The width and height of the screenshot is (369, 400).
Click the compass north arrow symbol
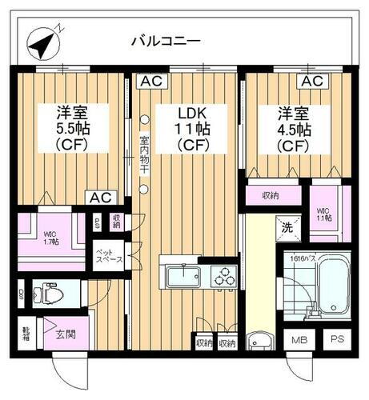[x=41, y=42]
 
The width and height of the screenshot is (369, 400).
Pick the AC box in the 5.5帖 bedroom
[x=99, y=196]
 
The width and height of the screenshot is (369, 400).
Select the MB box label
[x=298, y=339]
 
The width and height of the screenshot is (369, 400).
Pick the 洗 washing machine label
[x=285, y=228]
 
